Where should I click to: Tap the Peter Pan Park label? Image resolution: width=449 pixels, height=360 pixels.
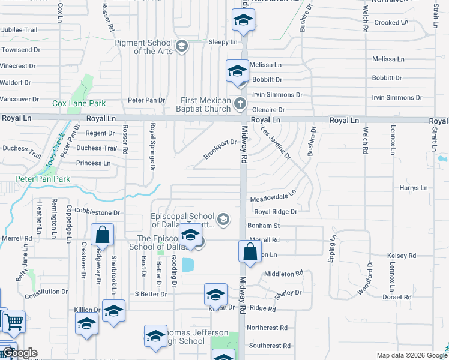tap(43, 179)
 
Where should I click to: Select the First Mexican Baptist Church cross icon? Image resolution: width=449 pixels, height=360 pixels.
tap(240, 104)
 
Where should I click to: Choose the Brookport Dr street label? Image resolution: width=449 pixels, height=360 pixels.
tap(220, 149)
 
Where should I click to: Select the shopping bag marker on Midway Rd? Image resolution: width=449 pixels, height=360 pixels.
tap(250, 253)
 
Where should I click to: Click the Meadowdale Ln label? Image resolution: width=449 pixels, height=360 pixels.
tap(273, 199)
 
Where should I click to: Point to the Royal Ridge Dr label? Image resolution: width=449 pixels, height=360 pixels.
tap(276, 212)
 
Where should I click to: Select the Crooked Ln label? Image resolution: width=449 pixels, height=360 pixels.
tap(391, 23)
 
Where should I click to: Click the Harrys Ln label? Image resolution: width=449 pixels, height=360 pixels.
tap(413, 188)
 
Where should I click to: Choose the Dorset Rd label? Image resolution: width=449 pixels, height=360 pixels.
tap(396, 297)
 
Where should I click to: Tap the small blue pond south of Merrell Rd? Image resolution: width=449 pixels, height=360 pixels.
tap(187, 264)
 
